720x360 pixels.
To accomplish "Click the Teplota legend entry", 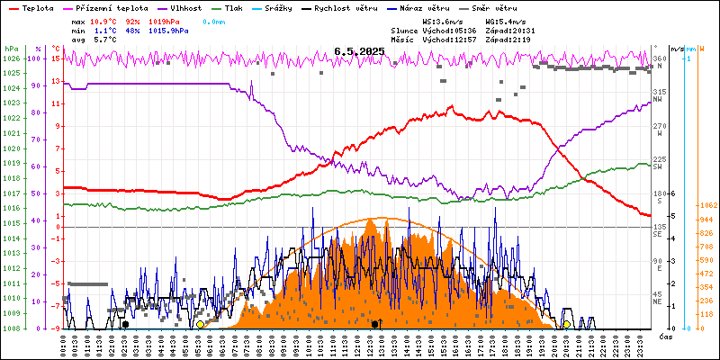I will (x=37, y=6).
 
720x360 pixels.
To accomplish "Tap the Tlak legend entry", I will (x=243, y=6).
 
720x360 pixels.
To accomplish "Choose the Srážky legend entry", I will (x=291, y=6).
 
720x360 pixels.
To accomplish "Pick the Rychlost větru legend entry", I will (x=368, y=6).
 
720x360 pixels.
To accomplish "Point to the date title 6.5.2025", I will (x=359, y=52).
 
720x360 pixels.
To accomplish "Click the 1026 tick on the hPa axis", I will (x=11, y=58).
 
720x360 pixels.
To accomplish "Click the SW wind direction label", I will (x=658, y=166).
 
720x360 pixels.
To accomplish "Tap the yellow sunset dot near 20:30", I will (x=567, y=324).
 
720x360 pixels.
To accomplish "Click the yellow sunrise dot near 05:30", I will (x=200, y=324).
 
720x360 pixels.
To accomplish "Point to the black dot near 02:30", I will (x=125, y=324).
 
